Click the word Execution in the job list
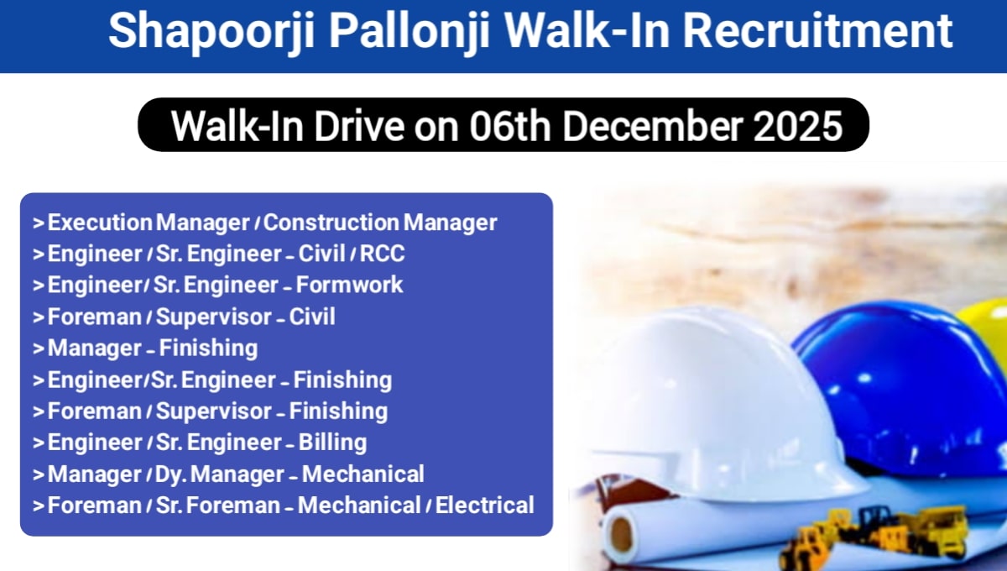pos(100,223)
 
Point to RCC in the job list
pos(382,254)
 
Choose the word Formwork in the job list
pos(349,285)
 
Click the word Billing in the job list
pos(332,443)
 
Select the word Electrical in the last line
pos(484,506)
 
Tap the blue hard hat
pos(898,378)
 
